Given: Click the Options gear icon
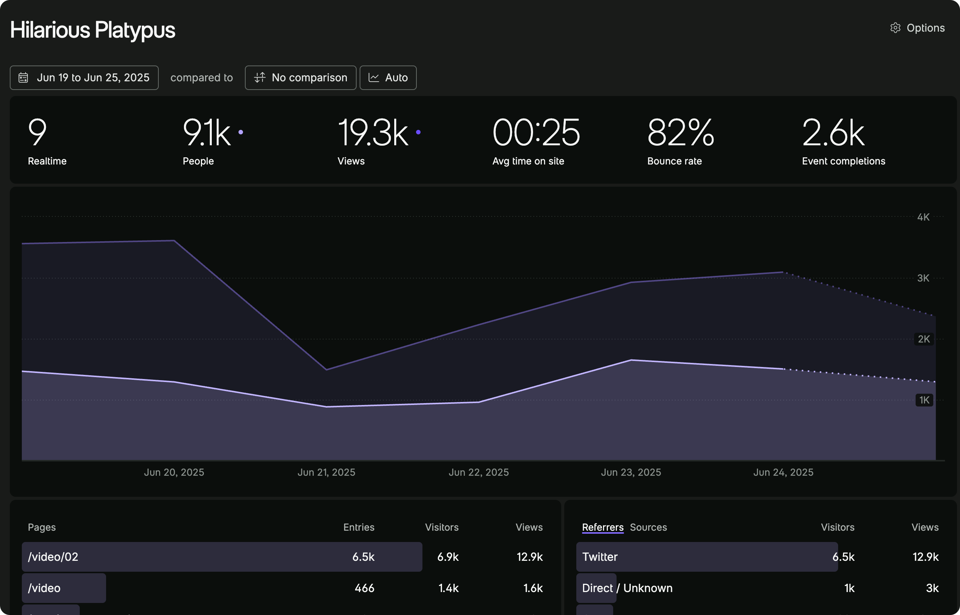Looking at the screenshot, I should (x=895, y=28).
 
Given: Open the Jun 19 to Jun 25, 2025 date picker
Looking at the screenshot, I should (x=84, y=78).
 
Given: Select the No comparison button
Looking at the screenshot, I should (x=301, y=78).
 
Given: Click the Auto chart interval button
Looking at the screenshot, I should (x=388, y=78).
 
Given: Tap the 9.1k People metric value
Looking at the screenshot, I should (x=207, y=132).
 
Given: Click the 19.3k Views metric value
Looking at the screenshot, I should (x=373, y=132).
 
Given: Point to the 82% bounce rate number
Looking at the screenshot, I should (x=680, y=132).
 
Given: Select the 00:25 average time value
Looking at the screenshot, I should (x=536, y=132).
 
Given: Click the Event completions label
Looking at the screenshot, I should (x=843, y=161).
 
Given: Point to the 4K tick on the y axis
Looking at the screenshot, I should (x=923, y=217).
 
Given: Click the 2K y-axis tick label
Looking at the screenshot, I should (x=924, y=339).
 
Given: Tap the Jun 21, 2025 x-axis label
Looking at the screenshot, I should (x=326, y=472).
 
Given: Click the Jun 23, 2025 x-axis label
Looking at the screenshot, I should (x=631, y=472).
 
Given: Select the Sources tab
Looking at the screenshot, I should (x=648, y=527).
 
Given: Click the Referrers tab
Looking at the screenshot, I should (x=602, y=527).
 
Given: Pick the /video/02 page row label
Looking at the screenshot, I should (x=53, y=557).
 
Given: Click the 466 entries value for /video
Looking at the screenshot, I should (x=364, y=588).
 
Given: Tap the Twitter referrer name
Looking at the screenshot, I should (x=600, y=557).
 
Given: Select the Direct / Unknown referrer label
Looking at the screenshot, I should (x=627, y=588).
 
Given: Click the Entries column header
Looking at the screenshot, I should (x=358, y=527).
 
